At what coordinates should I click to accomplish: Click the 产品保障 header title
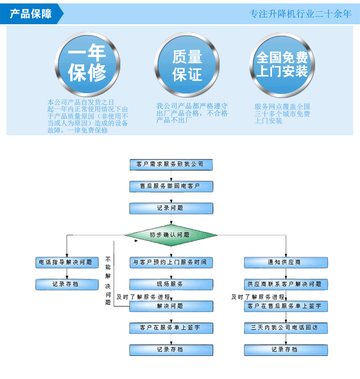point(31,14)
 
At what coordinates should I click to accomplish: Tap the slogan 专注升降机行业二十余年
point(301,14)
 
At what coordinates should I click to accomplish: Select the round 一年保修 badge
point(88,64)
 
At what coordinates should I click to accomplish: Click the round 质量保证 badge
point(187,65)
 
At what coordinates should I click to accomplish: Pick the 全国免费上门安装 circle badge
point(282,65)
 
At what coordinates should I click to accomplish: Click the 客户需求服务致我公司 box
point(171,164)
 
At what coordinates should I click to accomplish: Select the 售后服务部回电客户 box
point(171,186)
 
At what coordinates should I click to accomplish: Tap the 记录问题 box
point(171,208)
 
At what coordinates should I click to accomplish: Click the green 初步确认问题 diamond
point(171,235)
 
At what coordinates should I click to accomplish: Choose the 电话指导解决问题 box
point(67,263)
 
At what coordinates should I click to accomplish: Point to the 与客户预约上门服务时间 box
point(171,263)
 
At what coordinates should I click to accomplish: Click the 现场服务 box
point(171,285)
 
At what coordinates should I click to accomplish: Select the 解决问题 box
point(171,306)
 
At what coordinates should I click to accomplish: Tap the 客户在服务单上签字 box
point(171,328)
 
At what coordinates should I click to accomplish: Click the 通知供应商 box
point(286,263)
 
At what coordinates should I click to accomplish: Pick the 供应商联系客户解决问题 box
point(286,285)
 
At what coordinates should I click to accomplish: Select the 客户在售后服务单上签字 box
point(286,306)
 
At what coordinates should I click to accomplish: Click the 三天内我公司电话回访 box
point(286,328)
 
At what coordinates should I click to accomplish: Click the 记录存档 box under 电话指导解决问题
point(67,285)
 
